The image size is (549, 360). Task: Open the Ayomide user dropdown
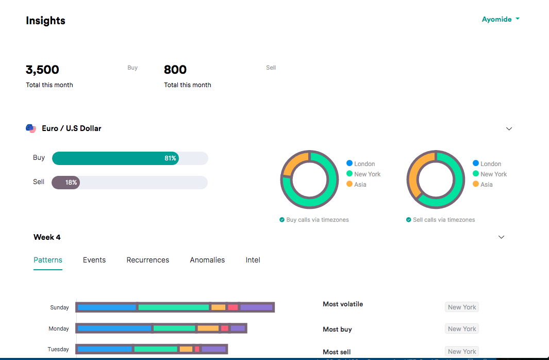(x=501, y=19)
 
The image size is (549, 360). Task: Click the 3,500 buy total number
(x=42, y=70)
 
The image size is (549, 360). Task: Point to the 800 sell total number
(x=175, y=70)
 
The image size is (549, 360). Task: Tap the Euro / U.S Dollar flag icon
(x=31, y=128)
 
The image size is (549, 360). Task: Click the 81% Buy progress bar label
(x=170, y=158)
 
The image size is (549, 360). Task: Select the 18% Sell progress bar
(x=66, y=183)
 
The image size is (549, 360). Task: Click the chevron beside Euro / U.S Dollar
(x=509, y=129)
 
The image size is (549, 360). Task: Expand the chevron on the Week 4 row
(x=502, y=237)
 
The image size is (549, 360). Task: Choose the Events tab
(x=94, y=260)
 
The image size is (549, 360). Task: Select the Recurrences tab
(x=148, y=260)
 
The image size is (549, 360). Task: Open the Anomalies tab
(x=207, y=260)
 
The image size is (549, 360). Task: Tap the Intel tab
(x=253, y=260)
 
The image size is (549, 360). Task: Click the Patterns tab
(x=48, y=260)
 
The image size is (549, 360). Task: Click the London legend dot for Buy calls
(x=350, y=163)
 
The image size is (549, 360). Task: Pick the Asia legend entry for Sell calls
(x=483, y=184)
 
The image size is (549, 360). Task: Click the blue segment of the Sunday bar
(x=107, y=307)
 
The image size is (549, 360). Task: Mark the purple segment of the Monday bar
(x=238, y=328)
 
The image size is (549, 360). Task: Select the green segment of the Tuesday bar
(x=156, y=349)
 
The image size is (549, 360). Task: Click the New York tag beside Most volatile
(x=462, y=307)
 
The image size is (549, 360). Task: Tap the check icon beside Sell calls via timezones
(x=409, y=220)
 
